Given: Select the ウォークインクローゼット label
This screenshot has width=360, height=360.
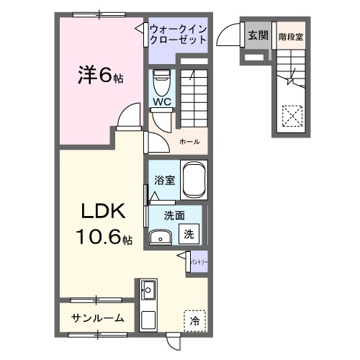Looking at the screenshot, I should click(x=178, y=34).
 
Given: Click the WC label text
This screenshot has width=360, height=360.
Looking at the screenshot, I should click(x=160, y=102).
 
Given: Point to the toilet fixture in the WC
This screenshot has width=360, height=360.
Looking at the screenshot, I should click(x=160, y=81).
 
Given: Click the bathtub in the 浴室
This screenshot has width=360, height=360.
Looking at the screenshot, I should click(x=194, y=179).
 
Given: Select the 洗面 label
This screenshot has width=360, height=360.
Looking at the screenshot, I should click(x=174, y=215).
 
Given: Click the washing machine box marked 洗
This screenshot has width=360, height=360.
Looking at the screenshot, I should click(x=188, y=233).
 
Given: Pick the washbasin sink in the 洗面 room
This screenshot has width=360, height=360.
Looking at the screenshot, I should click(x=160, y=237).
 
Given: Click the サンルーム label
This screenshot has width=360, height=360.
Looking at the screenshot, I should click(x=97, y=318).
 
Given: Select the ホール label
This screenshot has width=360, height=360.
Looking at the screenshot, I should click(x=189, y=141).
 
